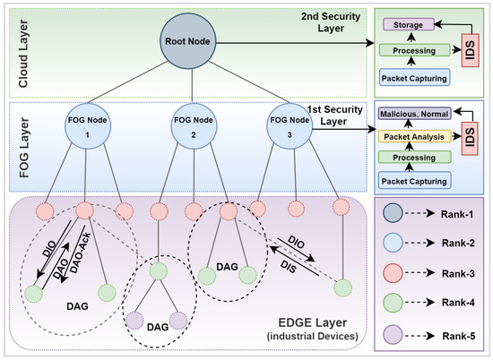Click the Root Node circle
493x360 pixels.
tap(188, 41)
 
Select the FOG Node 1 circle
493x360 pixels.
tap(88, 126)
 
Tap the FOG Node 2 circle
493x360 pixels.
tap(194, 126)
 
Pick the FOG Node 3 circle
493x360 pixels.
tap(290, 126)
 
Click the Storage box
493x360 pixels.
tap(409, 24)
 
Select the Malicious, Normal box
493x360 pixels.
tap(414, 114)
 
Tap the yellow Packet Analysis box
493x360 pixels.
tap(414, 137)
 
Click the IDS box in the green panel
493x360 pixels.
tap(470, 50)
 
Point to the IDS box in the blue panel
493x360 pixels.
tap(470, 139)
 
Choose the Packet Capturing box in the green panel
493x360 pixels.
tap(414, 78)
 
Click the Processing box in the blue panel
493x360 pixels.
tap(415, 157)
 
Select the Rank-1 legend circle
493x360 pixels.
tap(393, 212)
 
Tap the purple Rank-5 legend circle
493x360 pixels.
tap(393, 335)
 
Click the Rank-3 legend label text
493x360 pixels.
tap(458, 274)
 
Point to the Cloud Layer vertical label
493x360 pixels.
tap(23, 54)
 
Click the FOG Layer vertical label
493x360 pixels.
tap(24, 148)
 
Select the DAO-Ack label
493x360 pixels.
tap(80, 253)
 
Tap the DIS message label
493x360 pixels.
tap(289, 266)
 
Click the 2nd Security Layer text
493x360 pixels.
tap(331, 22)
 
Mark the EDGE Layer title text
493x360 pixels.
tap(313, 322)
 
